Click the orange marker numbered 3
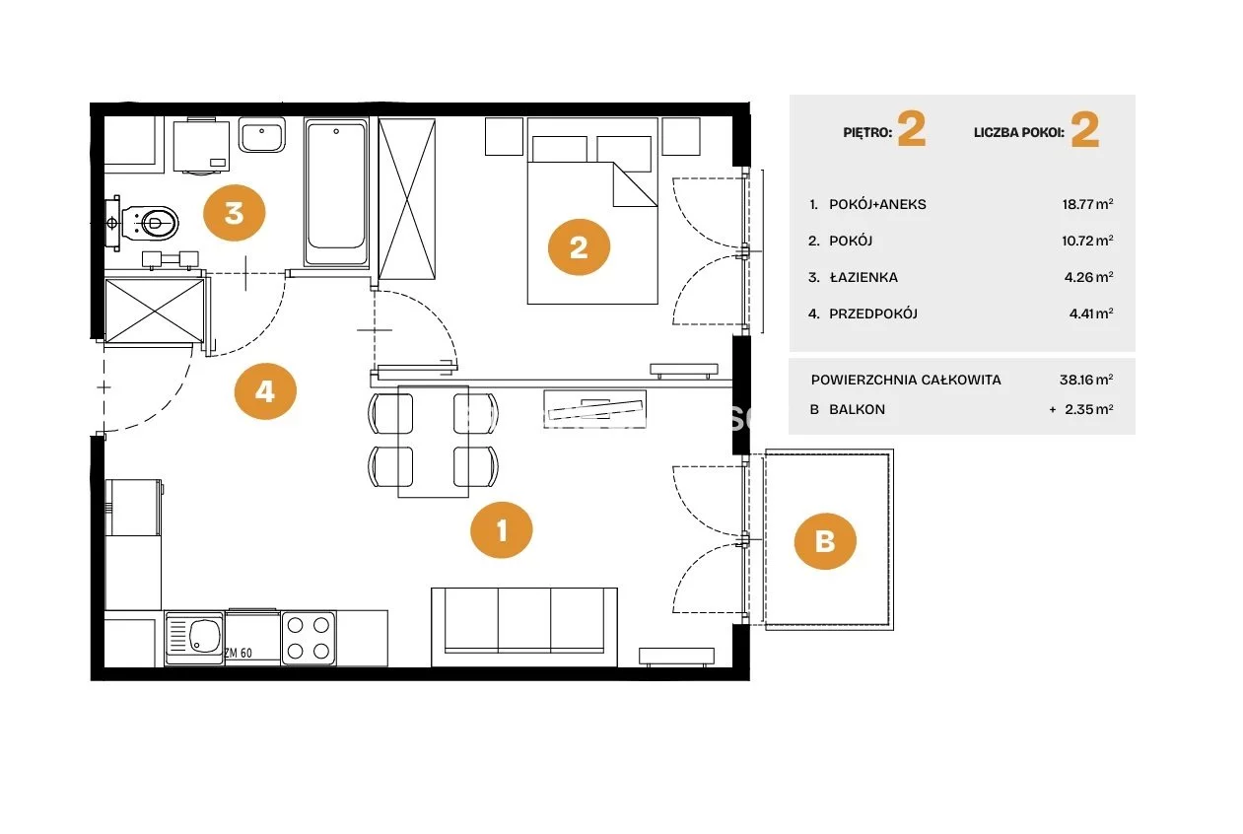pos(235,213)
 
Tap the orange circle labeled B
pos(825,541)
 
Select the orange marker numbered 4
pos(265,391)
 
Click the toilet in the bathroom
pos(145,223)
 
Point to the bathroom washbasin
pos(262,135)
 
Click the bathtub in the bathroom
pos(336,192)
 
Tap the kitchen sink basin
pos(195,637)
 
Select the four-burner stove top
pos(309,638)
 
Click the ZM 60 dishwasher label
pos(239,654)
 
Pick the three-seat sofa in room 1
pos(524,627)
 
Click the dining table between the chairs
pos(434,441)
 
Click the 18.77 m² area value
pos(1087,204)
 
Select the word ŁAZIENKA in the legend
pos(863,277)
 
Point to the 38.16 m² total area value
pos(1086,380)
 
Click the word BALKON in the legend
pos(858,409)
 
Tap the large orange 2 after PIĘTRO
pos(911,129)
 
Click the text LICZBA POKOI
pos(1019,133)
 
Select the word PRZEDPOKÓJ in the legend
pos(873,313)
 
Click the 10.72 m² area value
pos(1087,241)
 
